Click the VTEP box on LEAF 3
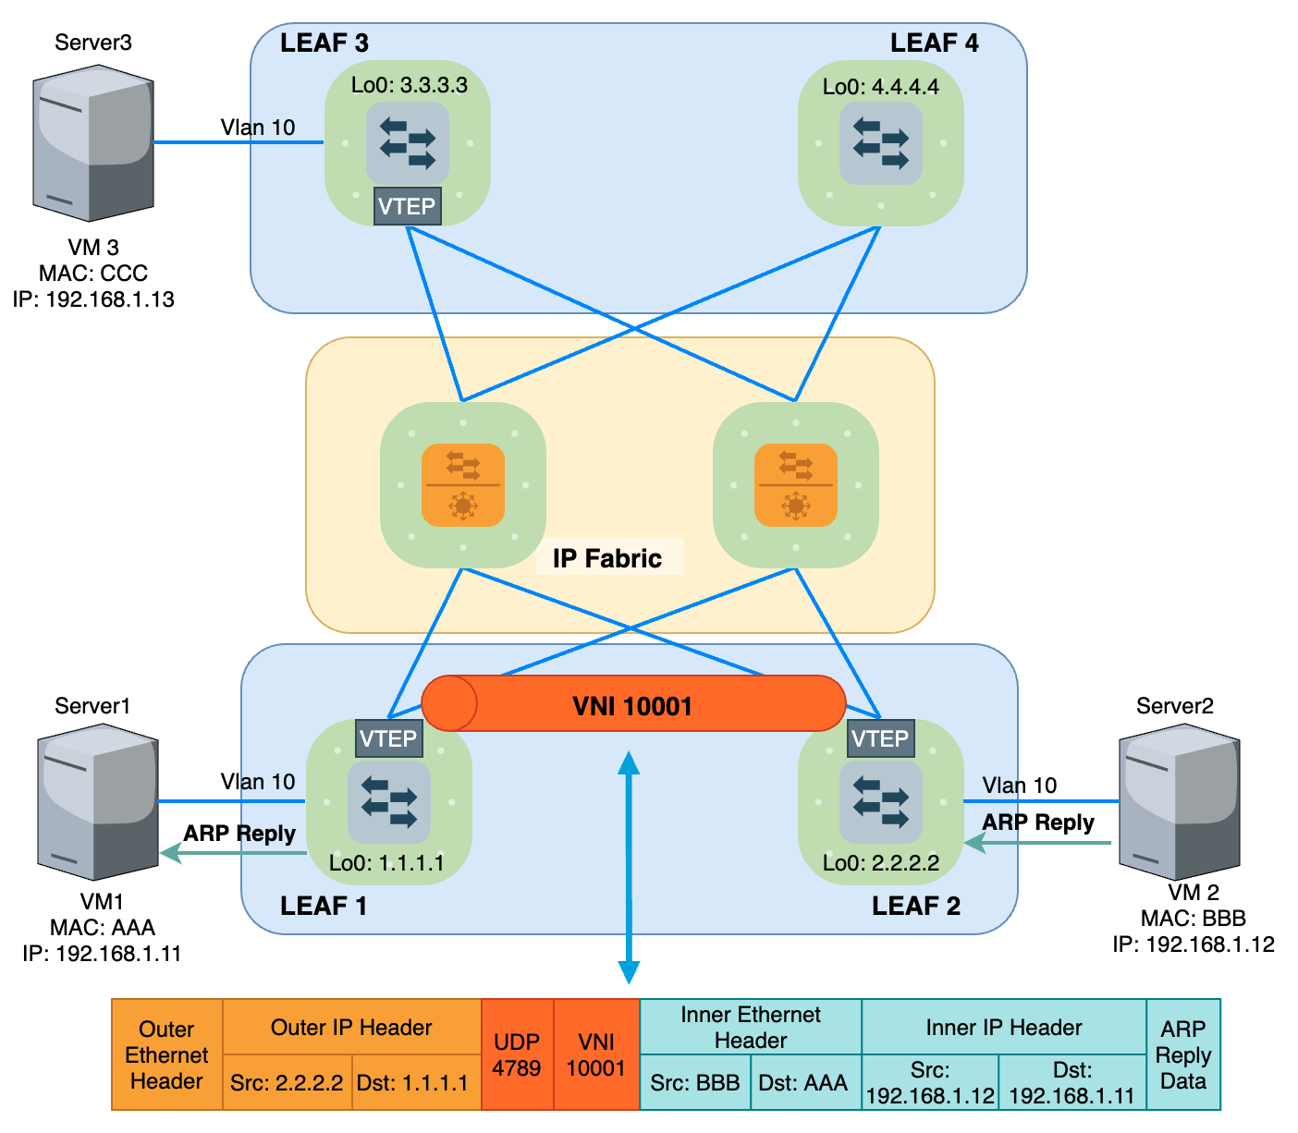pyautogui.click(x=407, y=206)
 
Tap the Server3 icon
pyautogui.click(x=92, y=143)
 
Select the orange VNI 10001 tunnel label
pyautogui.click(x=632, y=706)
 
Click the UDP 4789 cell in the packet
pyautogui.click(x=517, y=1054)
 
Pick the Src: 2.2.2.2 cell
pyautogui.click(x=287, y=1082)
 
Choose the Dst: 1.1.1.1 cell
pyautogui.click(x=412, y=1082)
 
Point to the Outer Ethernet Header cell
pyautogui.click(x=166, y=1054)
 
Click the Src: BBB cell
pyautogui.click(x=694, y=1082)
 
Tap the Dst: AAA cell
pyautogui.click(x=802, y=1082)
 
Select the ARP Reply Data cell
pyautogui.click(x=1183, y=1054)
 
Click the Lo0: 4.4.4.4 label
pyautogui.click(x=880, y=87)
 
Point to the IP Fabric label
pyautogui.click(x=607, y=558)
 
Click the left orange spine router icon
pyautogui.click(x=462, y=485)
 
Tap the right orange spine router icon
pyautogui.click(x=795, y=485)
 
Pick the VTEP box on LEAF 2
pyautogui.click(x=880, y=738)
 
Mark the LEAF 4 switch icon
pyautogui.click(x=880, y=143)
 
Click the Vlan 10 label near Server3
pyautogui.click(x=258, y=128)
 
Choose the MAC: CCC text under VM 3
pyautogui.click(x=93, y=274)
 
